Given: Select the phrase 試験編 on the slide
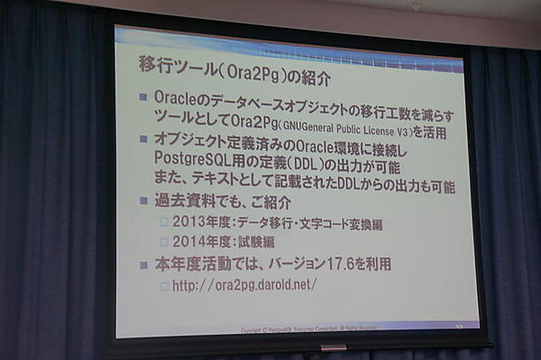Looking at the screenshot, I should tap(256, 242).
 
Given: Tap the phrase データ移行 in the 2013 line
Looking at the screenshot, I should tap(266, 223).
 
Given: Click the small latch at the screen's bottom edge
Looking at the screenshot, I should tap(333, 346).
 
